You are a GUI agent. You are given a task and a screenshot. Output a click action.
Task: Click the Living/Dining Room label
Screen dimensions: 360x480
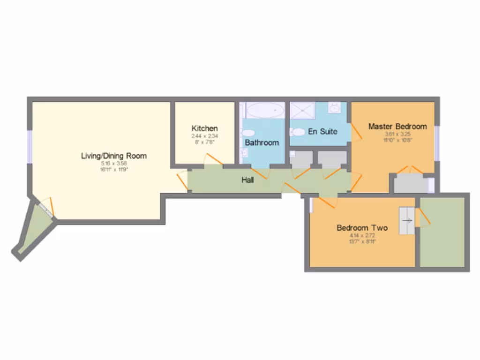pos(114,156)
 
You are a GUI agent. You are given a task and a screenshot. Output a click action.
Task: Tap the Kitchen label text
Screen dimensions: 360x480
pos(204,128)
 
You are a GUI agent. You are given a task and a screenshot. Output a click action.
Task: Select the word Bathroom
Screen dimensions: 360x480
pos(262,142)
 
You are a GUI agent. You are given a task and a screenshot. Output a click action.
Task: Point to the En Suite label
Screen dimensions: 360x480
pos(322,132)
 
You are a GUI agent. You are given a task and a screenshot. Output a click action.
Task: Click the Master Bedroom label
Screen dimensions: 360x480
pos(397,126)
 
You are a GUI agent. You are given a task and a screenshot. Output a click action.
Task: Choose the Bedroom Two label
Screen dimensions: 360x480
pos(362,228)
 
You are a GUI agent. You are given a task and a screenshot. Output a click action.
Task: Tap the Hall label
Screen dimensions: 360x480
pos(247,180)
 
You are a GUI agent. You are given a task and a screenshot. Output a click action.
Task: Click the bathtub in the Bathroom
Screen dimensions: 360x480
pos(265,111)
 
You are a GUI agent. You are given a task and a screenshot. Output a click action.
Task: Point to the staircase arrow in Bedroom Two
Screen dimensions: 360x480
pos(407,220)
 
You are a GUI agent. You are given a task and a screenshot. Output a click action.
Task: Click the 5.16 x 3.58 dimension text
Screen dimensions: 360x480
pos(114,163)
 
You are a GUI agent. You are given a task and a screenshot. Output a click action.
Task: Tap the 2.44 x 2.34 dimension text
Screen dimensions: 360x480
pos(204,136)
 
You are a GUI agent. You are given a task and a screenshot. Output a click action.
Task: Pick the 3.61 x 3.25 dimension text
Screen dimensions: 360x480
pos(397,134)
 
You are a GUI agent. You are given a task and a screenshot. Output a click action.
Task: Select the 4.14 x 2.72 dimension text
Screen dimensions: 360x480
pos(362,236)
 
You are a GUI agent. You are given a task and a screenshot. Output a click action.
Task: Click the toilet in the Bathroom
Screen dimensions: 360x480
pos(248,133)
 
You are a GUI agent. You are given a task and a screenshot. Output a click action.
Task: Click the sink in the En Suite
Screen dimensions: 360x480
pos(334,109)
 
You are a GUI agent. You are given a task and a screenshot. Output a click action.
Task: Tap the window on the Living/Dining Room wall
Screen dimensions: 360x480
pos(29,146)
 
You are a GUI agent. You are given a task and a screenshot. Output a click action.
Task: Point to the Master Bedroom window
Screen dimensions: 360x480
pos(436,143)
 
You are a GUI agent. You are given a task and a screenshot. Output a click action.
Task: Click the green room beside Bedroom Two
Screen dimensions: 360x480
pos(442,232)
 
